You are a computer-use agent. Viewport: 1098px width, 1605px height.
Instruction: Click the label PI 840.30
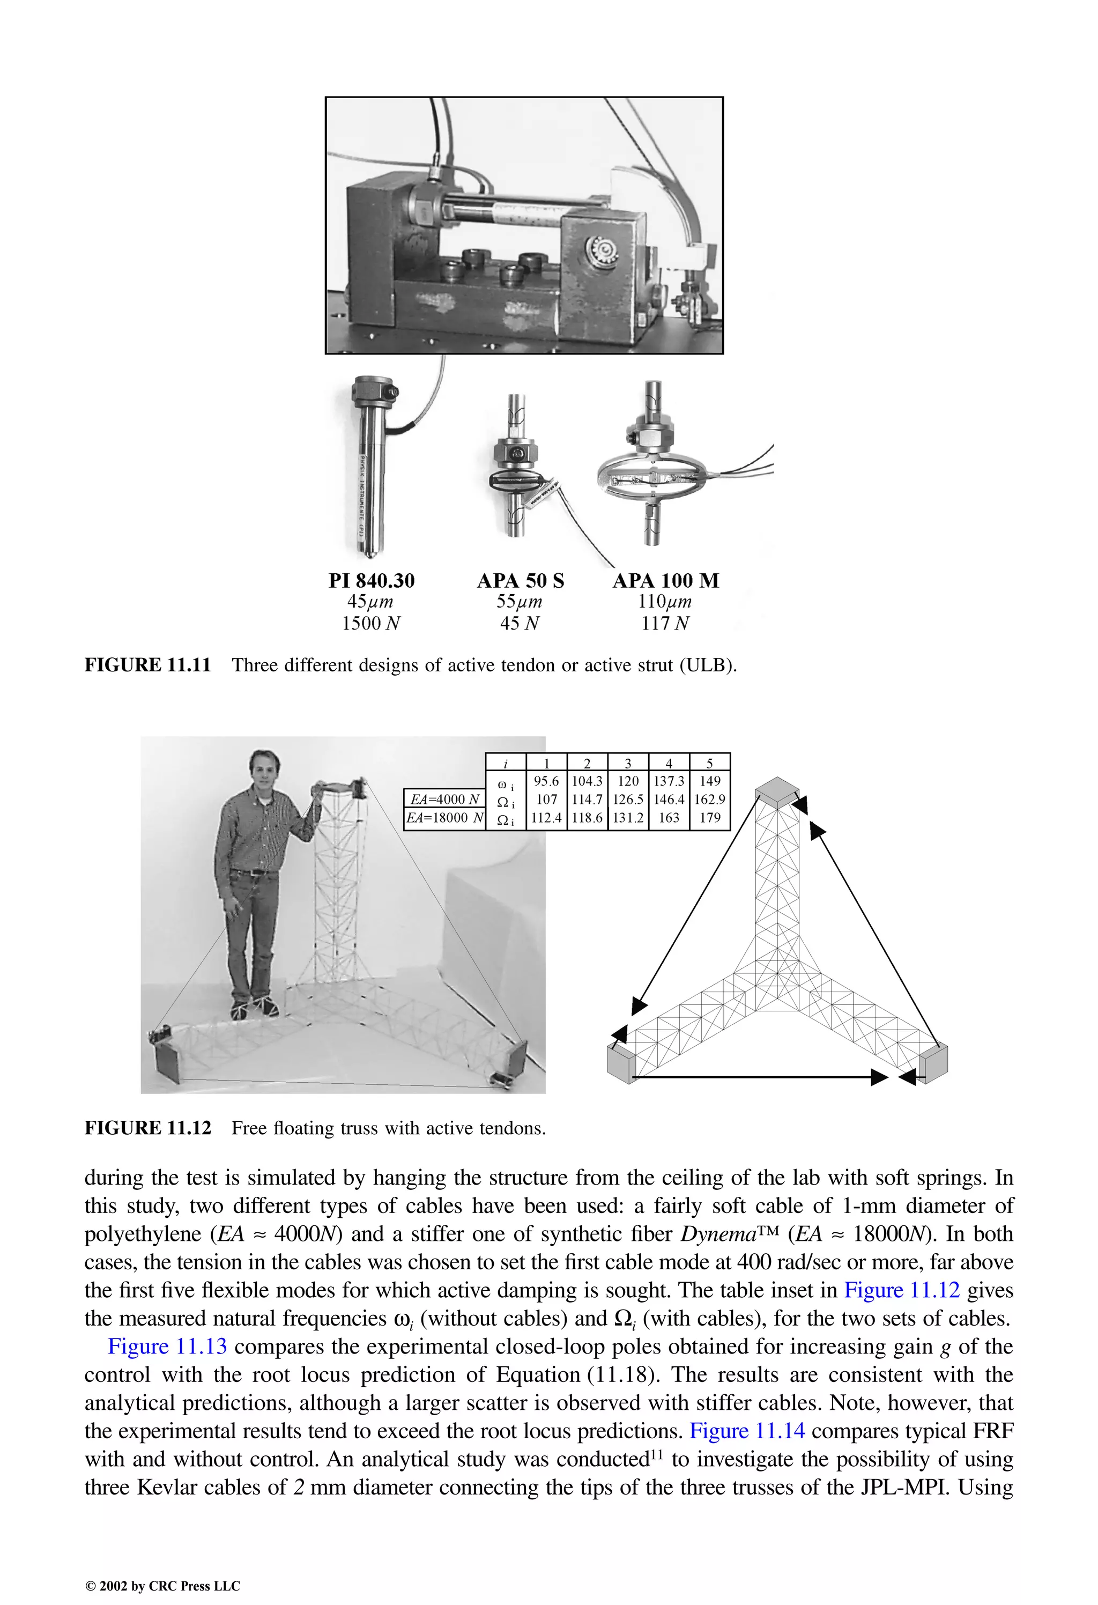(x=372, y=581)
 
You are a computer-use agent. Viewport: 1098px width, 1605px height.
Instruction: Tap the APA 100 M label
(x=666, y=581)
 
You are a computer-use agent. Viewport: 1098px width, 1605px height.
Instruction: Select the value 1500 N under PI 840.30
(x=372, y=624)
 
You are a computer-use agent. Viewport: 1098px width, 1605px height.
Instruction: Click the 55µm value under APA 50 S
(x=520, y=602)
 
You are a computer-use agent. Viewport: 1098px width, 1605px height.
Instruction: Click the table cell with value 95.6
(x=546, y=781)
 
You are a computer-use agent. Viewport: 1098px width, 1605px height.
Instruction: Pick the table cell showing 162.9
(x=710, y=800)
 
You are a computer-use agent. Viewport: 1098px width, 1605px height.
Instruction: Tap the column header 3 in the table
(x=628, y=763)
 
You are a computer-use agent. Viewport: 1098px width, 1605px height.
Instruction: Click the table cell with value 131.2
(x=628, y=818)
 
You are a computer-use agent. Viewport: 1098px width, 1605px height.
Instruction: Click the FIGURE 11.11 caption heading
(x=147, y=665)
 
